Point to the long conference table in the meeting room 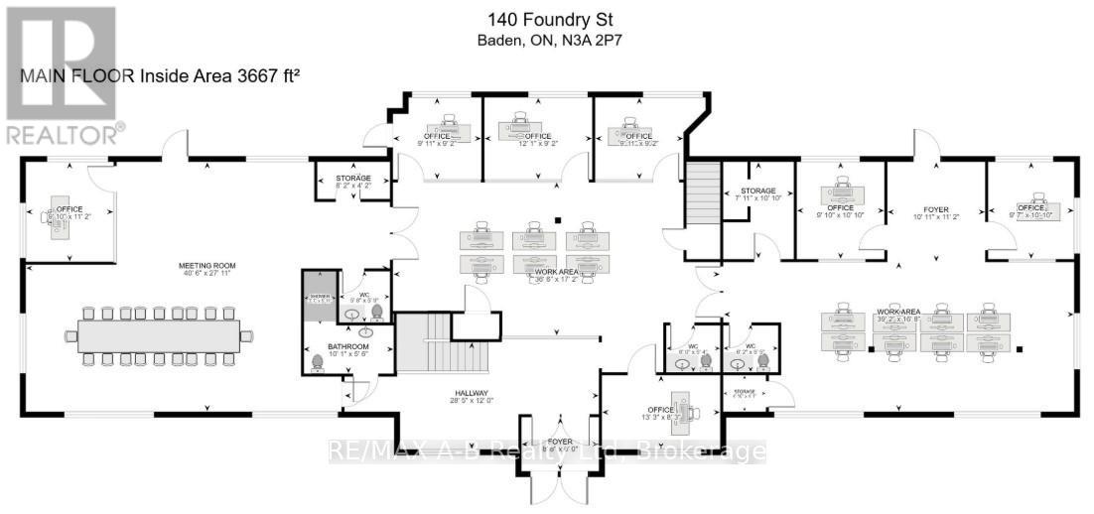coord(159,335)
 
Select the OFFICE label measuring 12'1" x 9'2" coord(537,136)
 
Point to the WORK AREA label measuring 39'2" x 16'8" coord(898,314)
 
